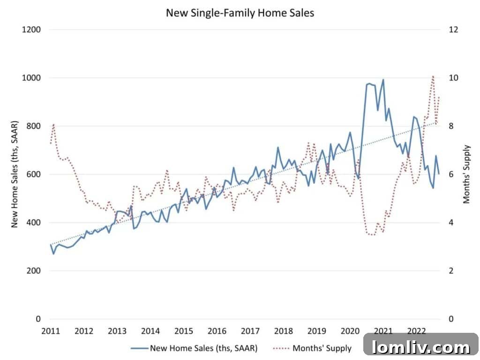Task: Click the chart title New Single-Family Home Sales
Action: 240,13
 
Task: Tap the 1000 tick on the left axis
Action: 31,78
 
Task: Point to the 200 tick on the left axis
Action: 33,271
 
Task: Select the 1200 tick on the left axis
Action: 31,30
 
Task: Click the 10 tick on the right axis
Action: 454,78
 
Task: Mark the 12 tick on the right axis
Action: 454,30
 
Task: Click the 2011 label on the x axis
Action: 51,331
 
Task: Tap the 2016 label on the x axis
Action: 217,331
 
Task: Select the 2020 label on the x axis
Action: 350,331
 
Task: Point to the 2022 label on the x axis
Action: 417,331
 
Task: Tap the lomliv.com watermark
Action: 421,347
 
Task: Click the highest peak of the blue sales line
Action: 383,80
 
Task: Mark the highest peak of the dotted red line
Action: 433,76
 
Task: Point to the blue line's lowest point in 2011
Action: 53,254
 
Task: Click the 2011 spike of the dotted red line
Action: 53,124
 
